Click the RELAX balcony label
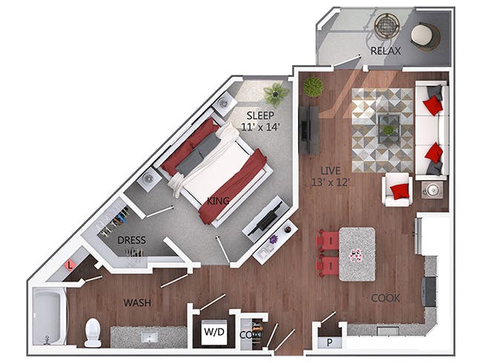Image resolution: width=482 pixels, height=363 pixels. (x=386, y=51)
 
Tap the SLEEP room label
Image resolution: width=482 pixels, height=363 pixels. (x=261, y=116)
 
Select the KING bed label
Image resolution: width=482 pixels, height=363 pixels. (x=218, y=202)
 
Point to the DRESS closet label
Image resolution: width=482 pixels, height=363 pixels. (x=131, y=240)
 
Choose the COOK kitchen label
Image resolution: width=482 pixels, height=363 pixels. (x=385, y=298)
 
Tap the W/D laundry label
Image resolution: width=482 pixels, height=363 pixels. (x=213, y=333)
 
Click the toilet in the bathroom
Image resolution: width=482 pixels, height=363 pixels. (x=93, y=333)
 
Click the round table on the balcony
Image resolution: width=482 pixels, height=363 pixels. (x=386, y=26)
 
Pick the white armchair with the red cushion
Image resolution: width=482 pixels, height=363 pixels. (x=398, y=190)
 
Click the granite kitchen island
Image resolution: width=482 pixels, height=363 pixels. (x=357, y=252)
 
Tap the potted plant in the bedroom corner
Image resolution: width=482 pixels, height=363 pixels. (x=276, y=93)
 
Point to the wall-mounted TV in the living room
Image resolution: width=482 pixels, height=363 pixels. (x=305, y=130)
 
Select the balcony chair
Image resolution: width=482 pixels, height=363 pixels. (x=425, y=35)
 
